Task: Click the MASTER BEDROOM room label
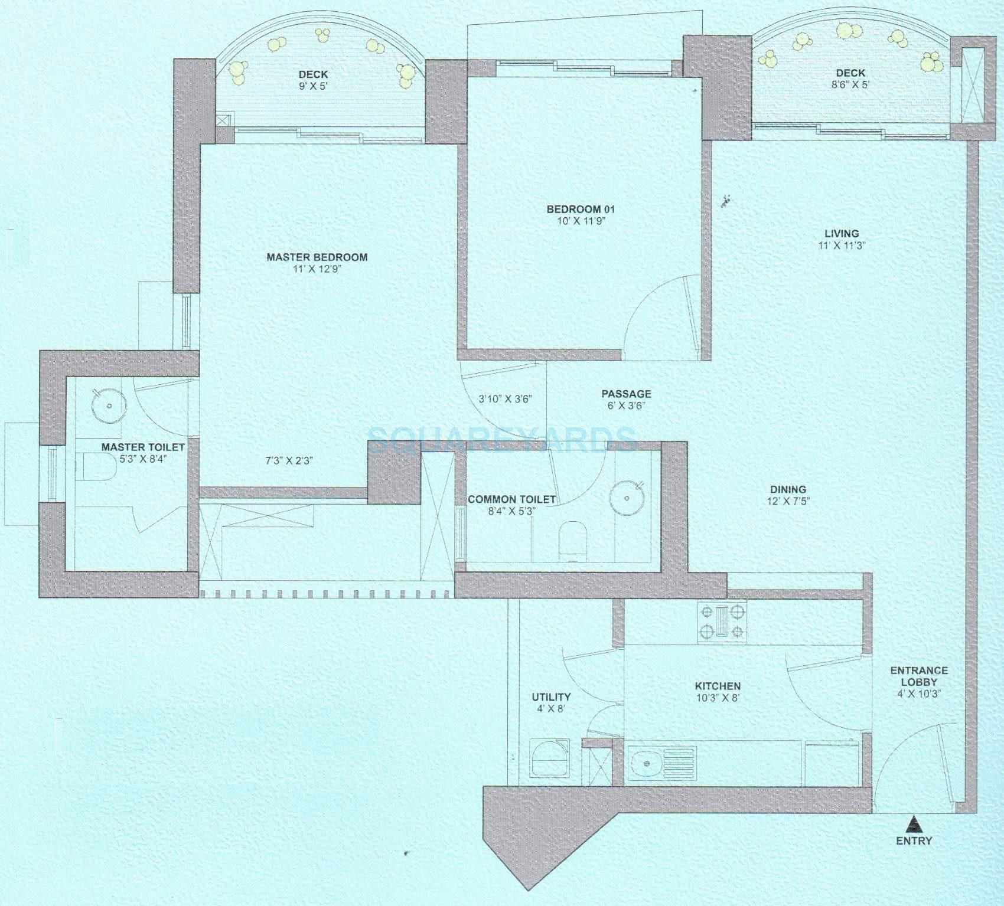click(317, 257)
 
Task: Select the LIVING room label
click(842, 234)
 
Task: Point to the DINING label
click(788, 489)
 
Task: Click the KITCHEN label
click(718, 686)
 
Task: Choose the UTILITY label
click(551, 697)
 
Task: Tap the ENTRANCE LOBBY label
click(918, 676)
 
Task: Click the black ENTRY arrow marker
click(914, 822)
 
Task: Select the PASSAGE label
click(626, 394)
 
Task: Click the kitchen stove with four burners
click(722, 622)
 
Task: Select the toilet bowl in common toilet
click(572, 537)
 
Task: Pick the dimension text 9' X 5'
click(313, 86)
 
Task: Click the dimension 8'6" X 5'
click(850, 84)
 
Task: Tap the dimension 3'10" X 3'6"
click(505, 398)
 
